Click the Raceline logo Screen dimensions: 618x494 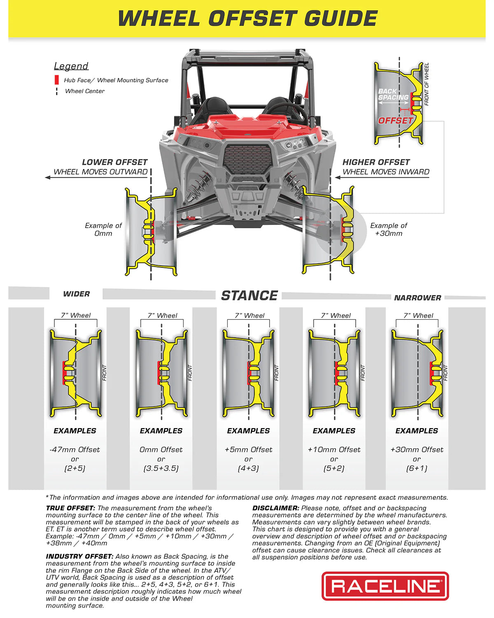(385, 586)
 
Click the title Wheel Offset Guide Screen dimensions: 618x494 (247, 19)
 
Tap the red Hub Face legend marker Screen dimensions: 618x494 (57, 80)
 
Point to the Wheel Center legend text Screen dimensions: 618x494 (85, 91)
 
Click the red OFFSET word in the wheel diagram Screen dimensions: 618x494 (395, 120)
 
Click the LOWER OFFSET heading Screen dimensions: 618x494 (114, 162)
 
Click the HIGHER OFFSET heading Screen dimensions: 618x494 (376, 162)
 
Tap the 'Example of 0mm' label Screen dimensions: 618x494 (103, 229)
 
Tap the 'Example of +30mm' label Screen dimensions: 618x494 (389, 229)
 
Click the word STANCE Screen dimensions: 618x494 (249, 295)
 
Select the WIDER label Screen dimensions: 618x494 (76, 294)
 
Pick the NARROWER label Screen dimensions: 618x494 (417, 297)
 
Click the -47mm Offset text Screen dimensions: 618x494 (75, 449)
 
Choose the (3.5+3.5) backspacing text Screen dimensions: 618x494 (161, 468)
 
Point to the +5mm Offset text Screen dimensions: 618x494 (248, 449)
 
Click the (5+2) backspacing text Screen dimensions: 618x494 (334, 468)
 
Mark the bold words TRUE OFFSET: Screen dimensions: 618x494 (70, 508)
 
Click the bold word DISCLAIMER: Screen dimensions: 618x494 (275, 508)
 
